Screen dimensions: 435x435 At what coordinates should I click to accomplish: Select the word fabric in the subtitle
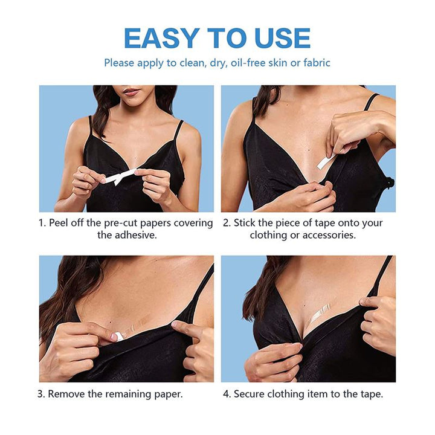pyautogui.click(x=314, y=63)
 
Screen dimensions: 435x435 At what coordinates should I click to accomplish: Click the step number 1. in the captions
pyautogui.click(x=42, y=223)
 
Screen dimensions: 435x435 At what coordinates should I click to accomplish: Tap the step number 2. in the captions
pyautogui.click(x=227, y=223)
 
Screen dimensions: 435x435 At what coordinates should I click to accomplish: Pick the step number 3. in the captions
pyautogui.click(x=41, y=394)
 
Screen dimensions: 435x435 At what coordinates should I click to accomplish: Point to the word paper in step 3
pyautogui.click(x=167, y=394)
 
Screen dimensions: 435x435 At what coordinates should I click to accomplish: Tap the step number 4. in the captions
pyautogui.click(x=227, y=394)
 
